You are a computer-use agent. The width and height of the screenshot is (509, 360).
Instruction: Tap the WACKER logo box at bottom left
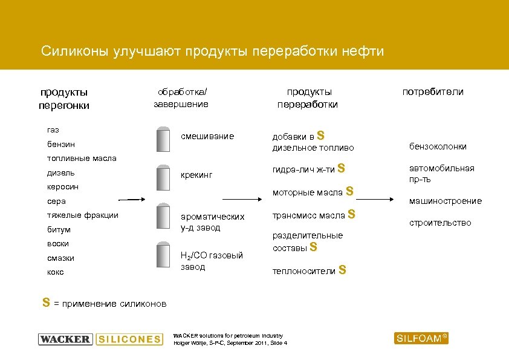(x=65, y=339)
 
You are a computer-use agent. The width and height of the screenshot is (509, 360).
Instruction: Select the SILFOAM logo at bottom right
(x=422, y=338)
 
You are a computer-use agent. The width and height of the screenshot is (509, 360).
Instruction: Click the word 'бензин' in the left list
(x=61, y=145)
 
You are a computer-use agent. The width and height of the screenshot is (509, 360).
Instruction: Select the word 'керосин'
(x=63, y=187)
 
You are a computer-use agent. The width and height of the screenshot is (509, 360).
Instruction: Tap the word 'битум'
(x=59, y=229)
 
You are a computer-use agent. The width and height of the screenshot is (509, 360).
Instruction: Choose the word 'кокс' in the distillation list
(x=56, y=272)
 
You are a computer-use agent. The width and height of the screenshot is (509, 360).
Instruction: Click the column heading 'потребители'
(x=433, y=92)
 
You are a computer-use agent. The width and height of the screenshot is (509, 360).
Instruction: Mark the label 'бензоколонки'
(x=438, y=146)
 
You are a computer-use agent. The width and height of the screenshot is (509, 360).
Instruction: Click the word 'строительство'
(x=440, y=223)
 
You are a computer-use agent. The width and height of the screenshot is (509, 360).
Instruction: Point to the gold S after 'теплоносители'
(x=342, y=270)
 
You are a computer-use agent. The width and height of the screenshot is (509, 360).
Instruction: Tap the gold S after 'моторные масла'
(x=348, y=192)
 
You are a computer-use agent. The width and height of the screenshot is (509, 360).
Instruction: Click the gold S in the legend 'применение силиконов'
(x=46, y=303)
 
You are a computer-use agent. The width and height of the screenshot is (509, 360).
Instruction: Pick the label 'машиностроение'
(x=446, y=201)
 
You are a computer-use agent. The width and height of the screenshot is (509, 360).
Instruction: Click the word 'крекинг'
(x=197, y=175)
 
